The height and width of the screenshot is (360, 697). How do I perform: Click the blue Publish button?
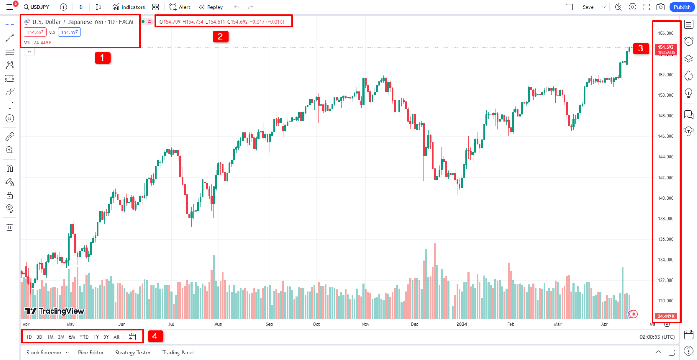(682, 7)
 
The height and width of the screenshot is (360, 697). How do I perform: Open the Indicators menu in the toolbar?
(129, 7)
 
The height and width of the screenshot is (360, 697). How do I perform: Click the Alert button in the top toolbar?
(180, 7)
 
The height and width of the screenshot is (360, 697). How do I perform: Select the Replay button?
(211, 7)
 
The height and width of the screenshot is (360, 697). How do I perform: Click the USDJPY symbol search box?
(37, 7)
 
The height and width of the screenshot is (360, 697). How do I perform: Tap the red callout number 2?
(220, 37)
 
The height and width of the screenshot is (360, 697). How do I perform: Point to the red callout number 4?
(155, 336)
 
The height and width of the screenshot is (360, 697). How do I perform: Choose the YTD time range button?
(84, 337)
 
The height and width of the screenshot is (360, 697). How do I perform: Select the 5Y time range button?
(106, 337)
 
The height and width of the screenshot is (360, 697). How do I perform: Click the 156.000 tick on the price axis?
(666, 33)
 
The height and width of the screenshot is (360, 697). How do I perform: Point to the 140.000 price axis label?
(666, 198)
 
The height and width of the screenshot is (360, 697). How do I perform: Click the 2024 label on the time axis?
(461, 324)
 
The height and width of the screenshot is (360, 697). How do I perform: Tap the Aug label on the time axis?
(218, 324)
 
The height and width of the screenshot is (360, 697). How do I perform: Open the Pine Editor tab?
(91, 353)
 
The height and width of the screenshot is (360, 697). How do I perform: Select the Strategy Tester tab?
(133, 353)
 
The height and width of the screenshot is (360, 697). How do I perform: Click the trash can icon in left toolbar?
(10, 227)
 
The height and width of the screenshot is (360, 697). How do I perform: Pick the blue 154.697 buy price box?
(69, 32)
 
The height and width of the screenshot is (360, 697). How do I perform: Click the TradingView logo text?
(55, 311)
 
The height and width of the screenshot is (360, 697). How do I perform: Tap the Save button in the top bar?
(588, 7)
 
